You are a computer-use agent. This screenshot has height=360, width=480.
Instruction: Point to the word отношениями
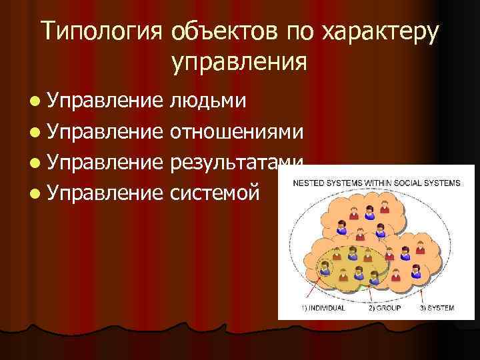pos(238,132)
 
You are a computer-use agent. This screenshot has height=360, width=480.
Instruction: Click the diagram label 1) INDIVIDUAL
pos(323,307)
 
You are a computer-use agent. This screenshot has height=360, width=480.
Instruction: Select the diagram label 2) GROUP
pos(384,307)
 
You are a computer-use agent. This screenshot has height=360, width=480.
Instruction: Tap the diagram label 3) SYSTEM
pos(437,307)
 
